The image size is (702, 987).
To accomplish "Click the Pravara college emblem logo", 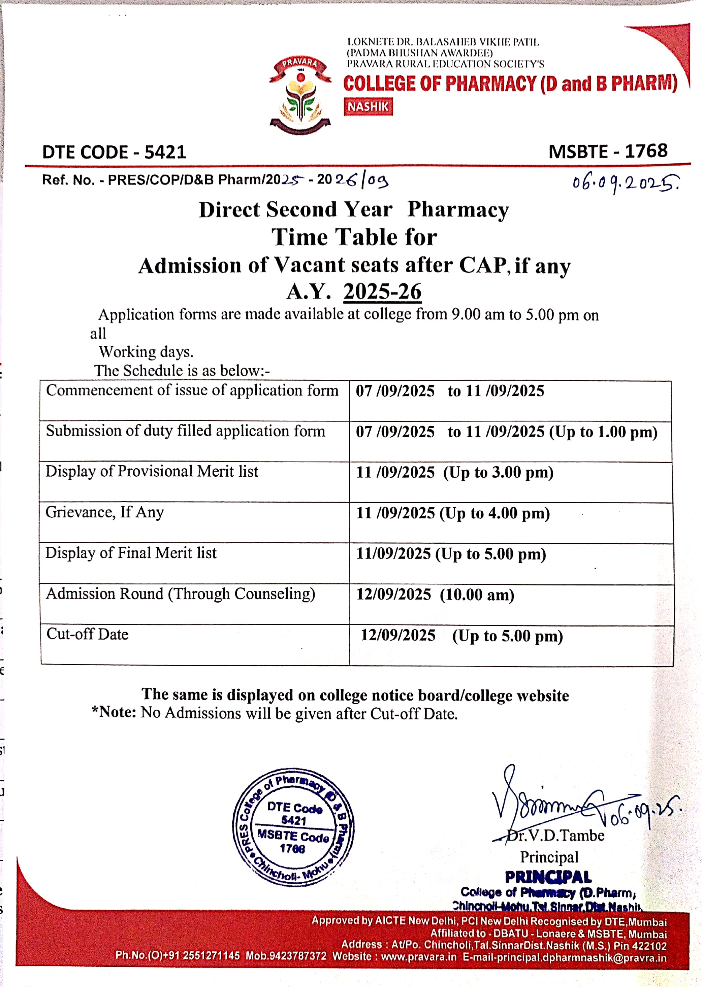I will (x=300, y=96).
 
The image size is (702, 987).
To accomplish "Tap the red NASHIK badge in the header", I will (x=368, y=107).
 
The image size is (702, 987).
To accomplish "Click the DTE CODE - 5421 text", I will (x=114, y=152).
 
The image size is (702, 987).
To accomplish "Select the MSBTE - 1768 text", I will (x=608, y=151).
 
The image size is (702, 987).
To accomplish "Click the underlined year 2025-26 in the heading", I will (x=382, y=292).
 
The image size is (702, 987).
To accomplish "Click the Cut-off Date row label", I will (x=87, y=634).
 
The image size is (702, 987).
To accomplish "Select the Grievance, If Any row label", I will (x=105, y=512).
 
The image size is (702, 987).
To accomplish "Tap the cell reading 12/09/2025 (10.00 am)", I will (x=435, y=595).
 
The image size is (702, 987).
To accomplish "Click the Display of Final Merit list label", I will (x=131, y=553).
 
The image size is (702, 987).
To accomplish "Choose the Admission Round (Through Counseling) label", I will (x=181, y=594).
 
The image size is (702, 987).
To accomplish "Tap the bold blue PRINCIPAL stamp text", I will (x=548, y=877).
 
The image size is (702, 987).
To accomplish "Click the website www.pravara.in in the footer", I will (x=418, y=956).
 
